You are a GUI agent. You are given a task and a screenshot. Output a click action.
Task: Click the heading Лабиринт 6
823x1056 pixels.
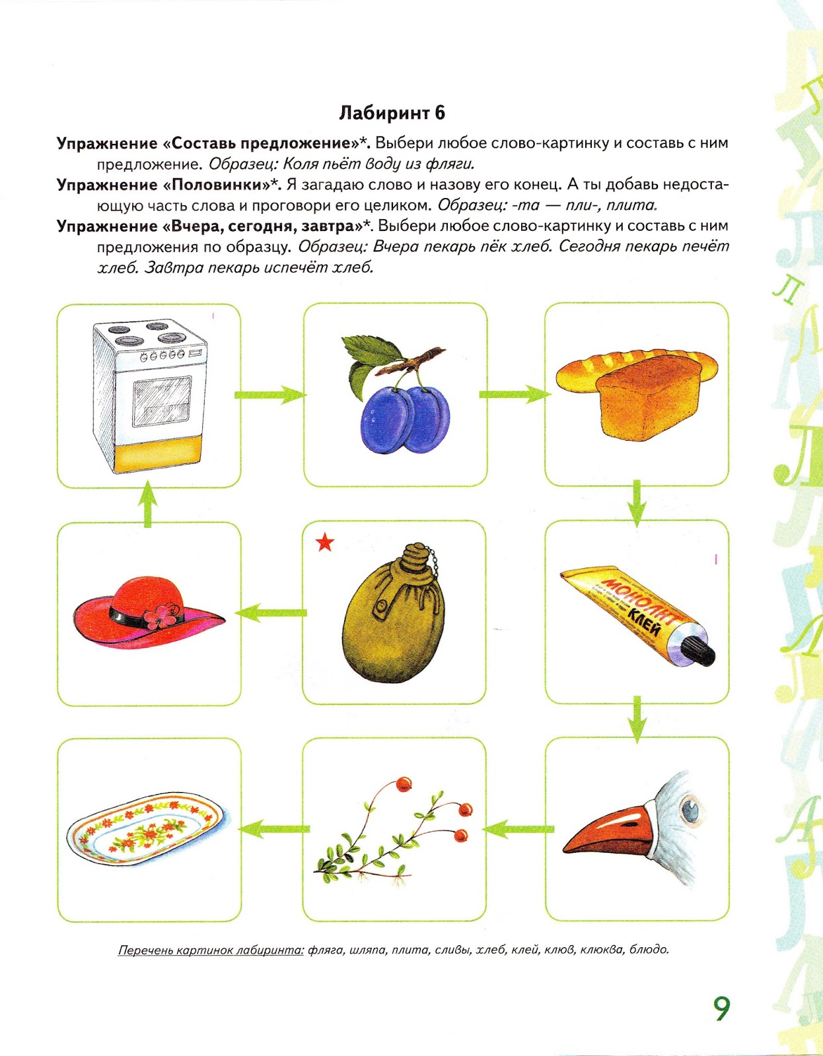[x=392, y=113]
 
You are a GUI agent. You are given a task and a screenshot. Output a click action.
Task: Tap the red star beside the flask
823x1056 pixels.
[x=325, y=543]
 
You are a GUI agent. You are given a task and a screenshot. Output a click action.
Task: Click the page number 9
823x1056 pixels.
[x=722, y=1008]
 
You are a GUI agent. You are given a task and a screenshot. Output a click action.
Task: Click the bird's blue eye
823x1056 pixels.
[x=690, y=808]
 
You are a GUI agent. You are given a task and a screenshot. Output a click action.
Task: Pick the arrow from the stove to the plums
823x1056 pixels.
[x=271, y=395]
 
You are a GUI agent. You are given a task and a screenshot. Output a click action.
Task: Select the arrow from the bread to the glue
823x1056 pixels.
[x=636, y=503]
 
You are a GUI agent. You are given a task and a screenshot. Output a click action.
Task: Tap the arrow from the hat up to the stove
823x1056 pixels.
[x=149, y=504]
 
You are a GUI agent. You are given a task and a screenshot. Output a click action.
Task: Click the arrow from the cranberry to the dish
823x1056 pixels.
[x=272, y=829]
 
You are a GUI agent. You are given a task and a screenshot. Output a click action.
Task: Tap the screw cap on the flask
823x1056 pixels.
[x=415, y=556]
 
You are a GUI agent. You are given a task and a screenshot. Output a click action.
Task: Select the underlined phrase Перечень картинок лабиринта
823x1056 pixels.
[x=211, y=950]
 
